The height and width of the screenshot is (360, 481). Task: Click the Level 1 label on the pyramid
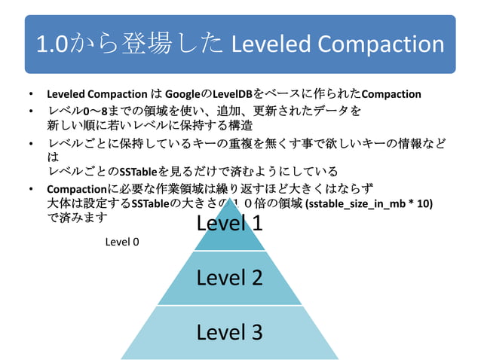229,223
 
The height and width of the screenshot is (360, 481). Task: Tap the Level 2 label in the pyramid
229,277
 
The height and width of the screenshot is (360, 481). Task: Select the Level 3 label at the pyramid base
229,331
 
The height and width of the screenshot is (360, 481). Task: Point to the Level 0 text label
122,242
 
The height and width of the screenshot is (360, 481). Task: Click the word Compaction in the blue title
381,44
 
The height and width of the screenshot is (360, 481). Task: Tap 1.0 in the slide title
53,44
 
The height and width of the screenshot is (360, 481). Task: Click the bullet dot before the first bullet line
29,95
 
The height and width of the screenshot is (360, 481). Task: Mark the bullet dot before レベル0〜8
29,111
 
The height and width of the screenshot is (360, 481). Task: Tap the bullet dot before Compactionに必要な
29,188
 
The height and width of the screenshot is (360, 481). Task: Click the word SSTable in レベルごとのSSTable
139,172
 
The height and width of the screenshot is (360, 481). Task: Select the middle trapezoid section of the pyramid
229,279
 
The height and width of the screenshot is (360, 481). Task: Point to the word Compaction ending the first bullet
391,94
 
